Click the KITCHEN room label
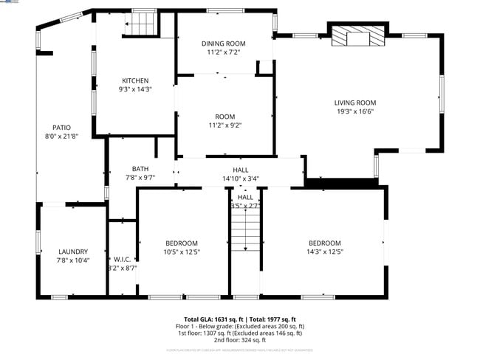pos(135,80)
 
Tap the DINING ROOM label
pos(223,44)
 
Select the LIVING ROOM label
pos(355,103)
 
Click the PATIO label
pos(61,127)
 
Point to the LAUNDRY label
pos(72,252)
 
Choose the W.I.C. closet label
pos(122,259)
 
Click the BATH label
pos(140,169)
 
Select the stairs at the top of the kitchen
pos(141,24)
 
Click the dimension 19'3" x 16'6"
pos(355,112)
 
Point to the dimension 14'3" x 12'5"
pos(324,252)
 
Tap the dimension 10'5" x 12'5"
pos(181,252)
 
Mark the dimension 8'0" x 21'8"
pos(61,136)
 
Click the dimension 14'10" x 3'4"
pos(241,179)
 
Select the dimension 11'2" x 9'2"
pos(224,125)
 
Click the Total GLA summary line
pos(239,319)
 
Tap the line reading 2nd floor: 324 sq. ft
pos(239,340)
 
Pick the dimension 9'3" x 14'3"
pos(135,89)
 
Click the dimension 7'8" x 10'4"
pos(72,260)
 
